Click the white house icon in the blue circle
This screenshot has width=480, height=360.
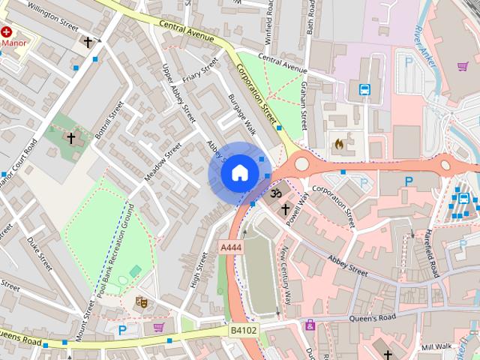pyautogui.click(x=238, y=173)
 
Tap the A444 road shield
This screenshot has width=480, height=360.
pyautogui.click(x=231, y=247)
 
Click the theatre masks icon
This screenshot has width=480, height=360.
pyautogui.click(x=140, y=303)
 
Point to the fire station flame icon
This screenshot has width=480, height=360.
pyautogui.click(x=339, y=142)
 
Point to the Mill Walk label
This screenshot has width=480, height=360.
pyautogui.click(x=438, y=347)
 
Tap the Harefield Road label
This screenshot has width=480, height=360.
pyautogui.click(x=434, y=253)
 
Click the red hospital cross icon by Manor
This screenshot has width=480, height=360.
pyautogui.click(x=7, y=33)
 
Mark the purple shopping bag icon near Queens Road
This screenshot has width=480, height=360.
pyautogui.click(x=159, y=327)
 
